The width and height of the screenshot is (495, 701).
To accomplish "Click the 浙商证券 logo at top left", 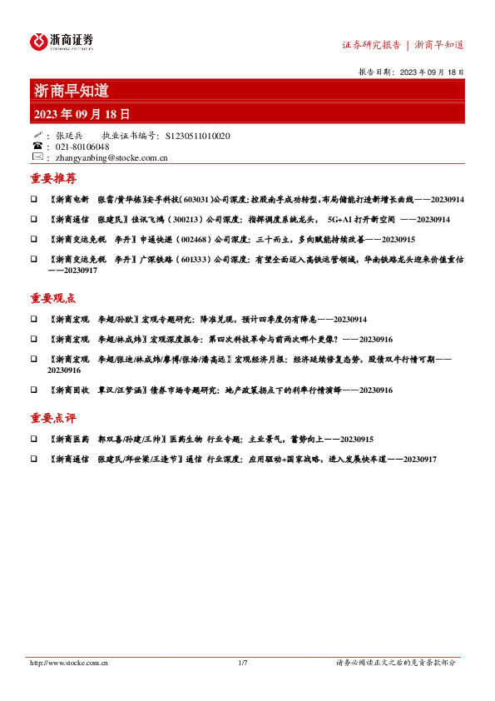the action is pyautogui.click(x=62, y=42).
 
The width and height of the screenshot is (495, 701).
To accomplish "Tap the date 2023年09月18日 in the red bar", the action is pyautogui.click(x=82, y=114).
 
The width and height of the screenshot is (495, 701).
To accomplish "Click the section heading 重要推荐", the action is pyautogui.click(x=53, y=179).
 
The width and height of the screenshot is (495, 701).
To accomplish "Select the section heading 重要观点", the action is pyautogui.click(x=53, y=299).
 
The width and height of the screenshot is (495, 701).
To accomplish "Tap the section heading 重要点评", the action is pyautogui.click(x=53, y=419).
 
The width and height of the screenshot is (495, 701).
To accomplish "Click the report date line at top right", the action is pyautogui.click(x=410, y=72).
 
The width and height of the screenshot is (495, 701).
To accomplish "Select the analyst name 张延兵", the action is pyautogui.click(x=69, y=135).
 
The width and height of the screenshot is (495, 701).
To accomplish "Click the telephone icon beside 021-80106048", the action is pyautogui.click(x=37, y=146).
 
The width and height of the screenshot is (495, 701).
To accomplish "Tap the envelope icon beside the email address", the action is pyautogui.click(x=37, y=157).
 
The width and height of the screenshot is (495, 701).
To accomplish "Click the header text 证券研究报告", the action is pyautogui.click(x=372, y=45).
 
